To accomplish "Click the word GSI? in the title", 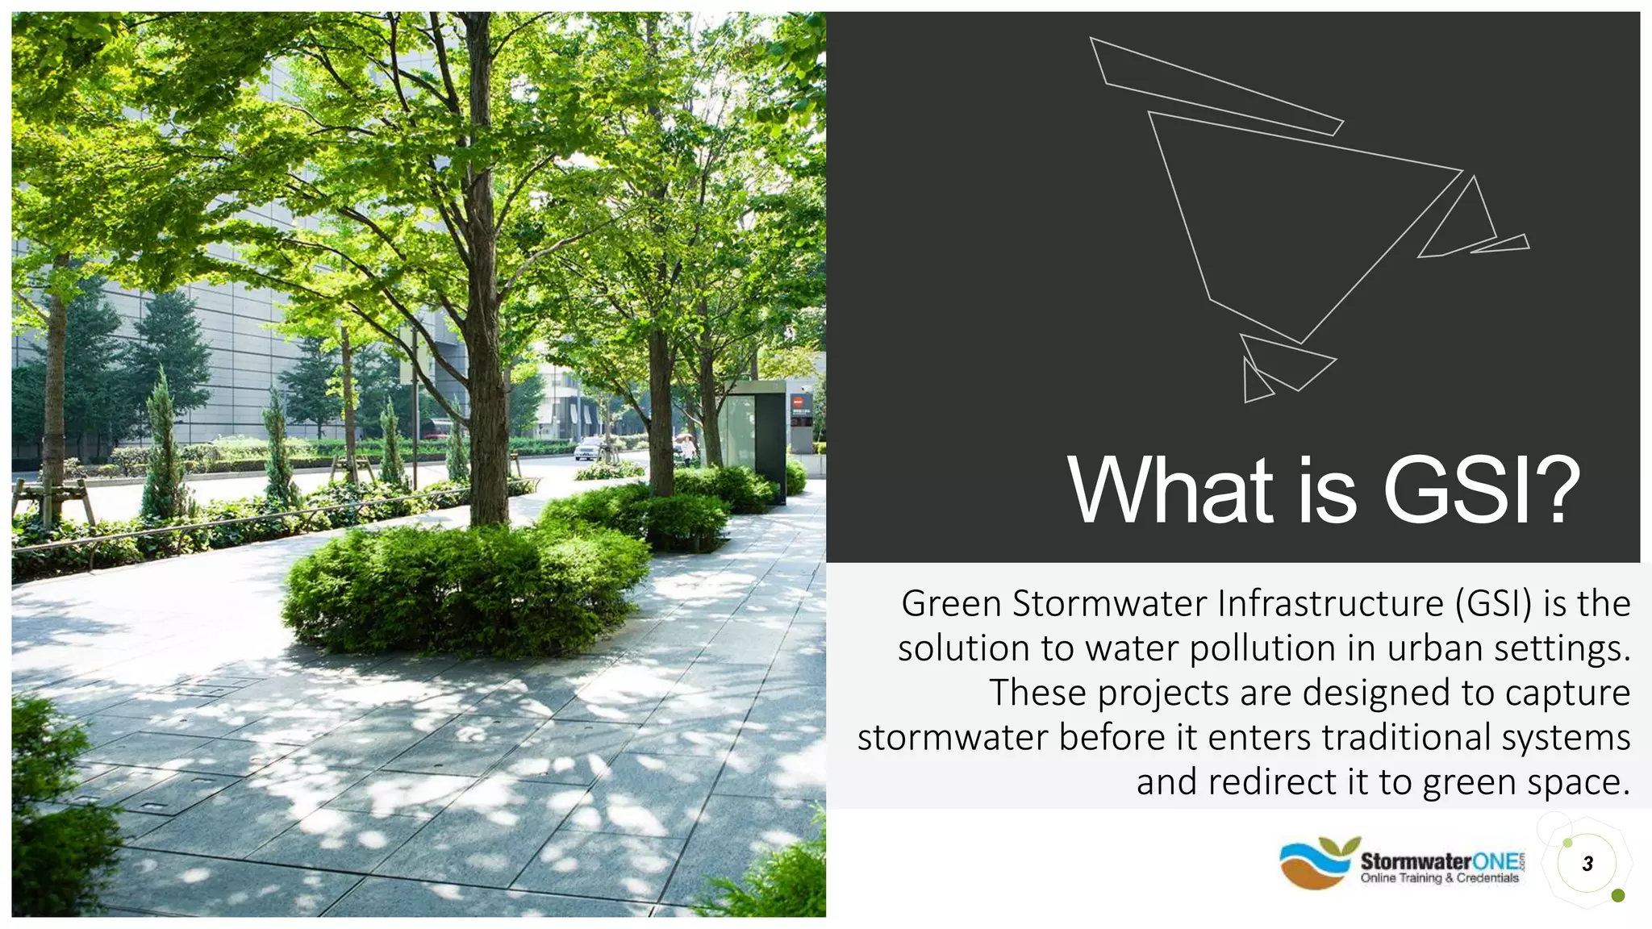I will (1481, 490).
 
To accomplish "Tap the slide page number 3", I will (1587, 864).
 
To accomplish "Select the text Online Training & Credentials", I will (1439, 878).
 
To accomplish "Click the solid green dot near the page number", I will (1617, 896).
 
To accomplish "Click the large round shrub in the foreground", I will (464, 589).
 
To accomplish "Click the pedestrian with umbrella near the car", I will (687, 448).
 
